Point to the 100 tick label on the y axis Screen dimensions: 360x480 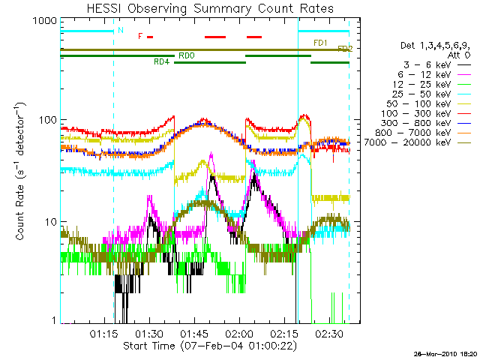[49, 121]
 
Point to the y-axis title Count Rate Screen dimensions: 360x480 [20, 172]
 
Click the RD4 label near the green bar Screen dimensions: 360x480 [160, 61]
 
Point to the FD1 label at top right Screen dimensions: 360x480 [319, 43]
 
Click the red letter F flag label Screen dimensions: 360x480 [139, 36]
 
